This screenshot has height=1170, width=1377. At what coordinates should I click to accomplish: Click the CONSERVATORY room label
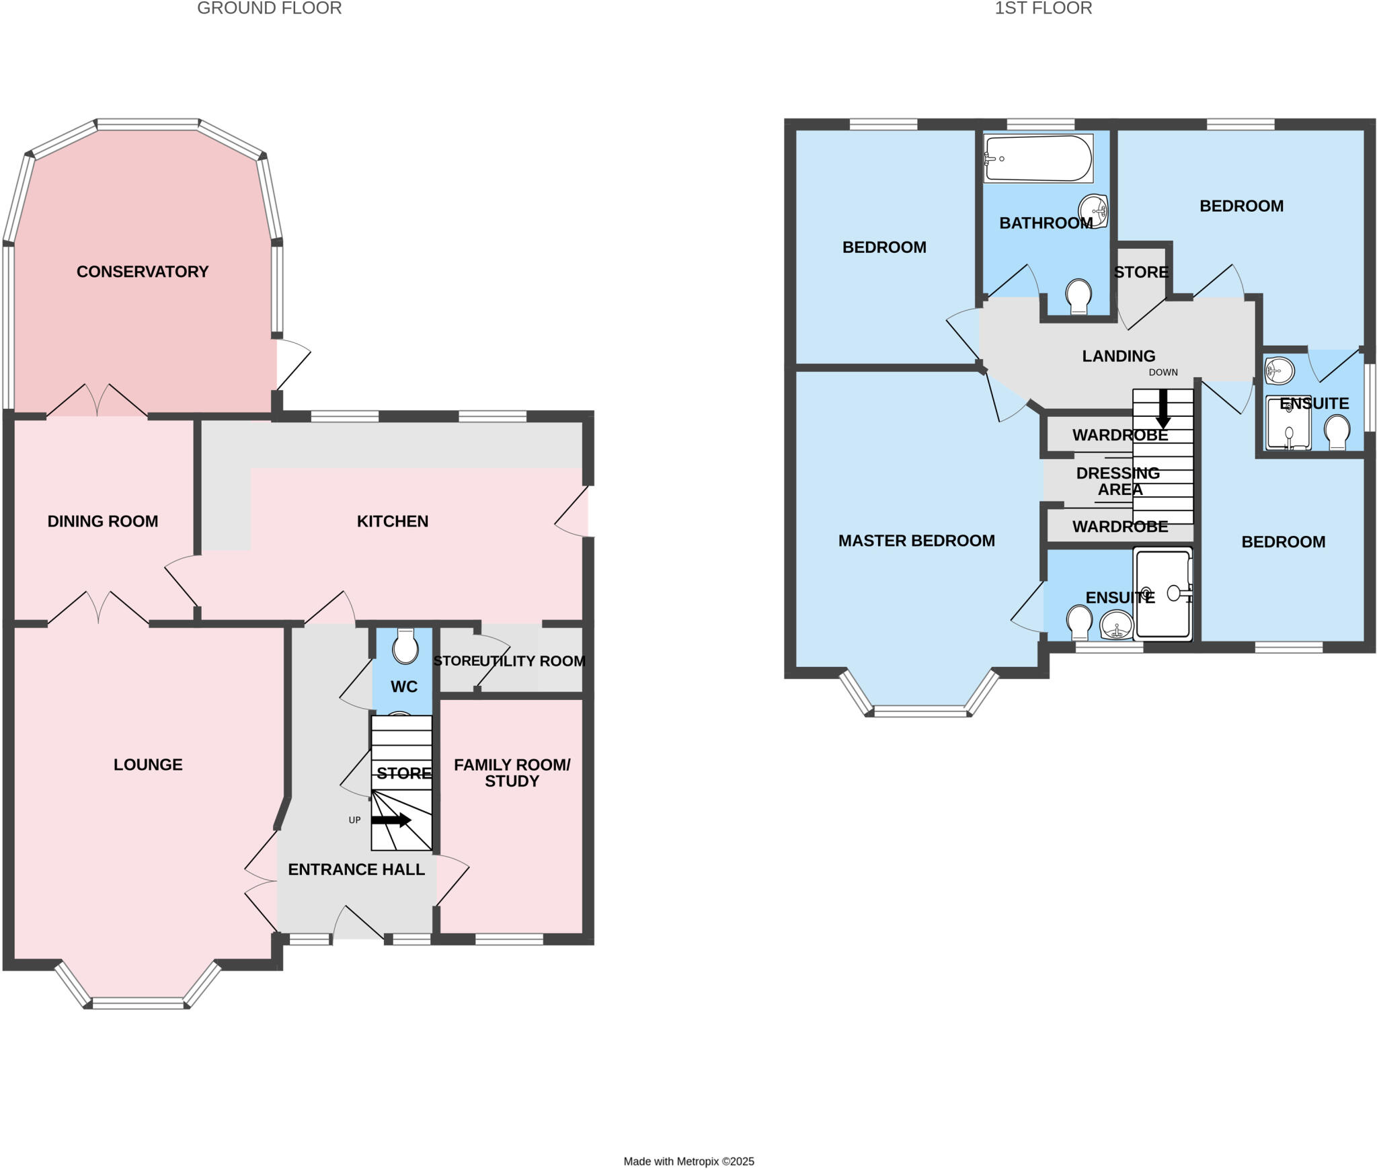click(142, 272)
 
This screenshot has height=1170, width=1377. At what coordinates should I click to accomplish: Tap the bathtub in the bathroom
click(1037, 159)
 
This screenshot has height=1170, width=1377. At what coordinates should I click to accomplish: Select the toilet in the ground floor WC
click(405, 647)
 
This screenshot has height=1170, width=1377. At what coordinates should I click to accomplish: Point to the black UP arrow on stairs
click(391, 820)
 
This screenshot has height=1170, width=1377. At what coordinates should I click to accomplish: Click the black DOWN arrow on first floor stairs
click(1163, 408)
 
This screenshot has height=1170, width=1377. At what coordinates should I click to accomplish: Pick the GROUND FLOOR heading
click(269, 9)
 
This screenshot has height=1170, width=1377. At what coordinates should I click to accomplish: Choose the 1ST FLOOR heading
click(1043, 9)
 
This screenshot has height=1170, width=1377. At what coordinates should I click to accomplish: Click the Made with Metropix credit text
click(688, 1161)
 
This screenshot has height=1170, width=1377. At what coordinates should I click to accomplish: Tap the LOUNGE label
click(148, 765)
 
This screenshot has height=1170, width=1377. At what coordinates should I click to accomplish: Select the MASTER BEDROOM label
click(916, 541)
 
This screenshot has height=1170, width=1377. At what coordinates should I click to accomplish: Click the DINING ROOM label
click(102, 521)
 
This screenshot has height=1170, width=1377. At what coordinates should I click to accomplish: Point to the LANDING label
click(1118, 356)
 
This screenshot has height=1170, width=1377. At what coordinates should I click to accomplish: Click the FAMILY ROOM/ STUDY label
click(512, 773)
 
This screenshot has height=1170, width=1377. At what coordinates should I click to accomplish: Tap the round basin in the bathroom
click(1093, 210)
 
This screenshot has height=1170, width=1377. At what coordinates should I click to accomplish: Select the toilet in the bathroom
click(1078, 297)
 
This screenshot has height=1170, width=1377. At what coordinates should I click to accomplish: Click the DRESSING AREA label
click(1118, 481)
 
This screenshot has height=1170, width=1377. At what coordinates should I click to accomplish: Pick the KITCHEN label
click(392, 521)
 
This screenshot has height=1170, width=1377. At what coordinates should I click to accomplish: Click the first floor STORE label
click(1140, 272)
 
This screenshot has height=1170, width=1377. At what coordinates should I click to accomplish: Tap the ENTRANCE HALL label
click(356, 869)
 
